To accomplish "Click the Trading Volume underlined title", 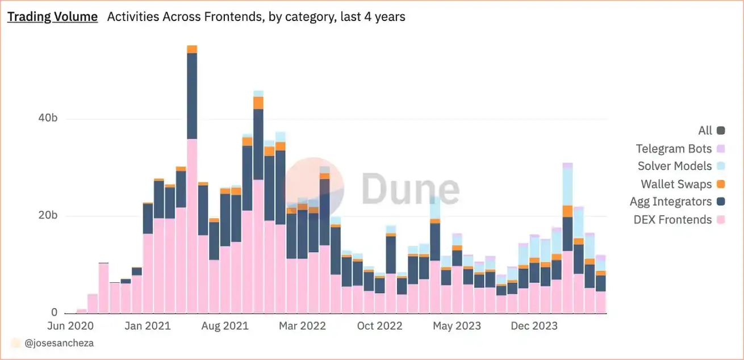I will point(52,17).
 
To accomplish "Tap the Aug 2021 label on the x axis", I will point(226,326).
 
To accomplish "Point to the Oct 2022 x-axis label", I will point(380,326).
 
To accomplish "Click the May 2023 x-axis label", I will point(457,326).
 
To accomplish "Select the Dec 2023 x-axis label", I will point(535,326).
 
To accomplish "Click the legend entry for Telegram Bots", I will point(674,149).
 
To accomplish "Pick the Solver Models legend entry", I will point(675,166).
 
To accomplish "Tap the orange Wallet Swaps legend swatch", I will point(721,184).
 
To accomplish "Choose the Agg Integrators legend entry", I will point(671,202).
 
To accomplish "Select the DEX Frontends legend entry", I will point(672,219).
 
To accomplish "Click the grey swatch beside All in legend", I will point(721,131).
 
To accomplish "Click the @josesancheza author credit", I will point(59,343).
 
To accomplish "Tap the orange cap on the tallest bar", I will point(192,49).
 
